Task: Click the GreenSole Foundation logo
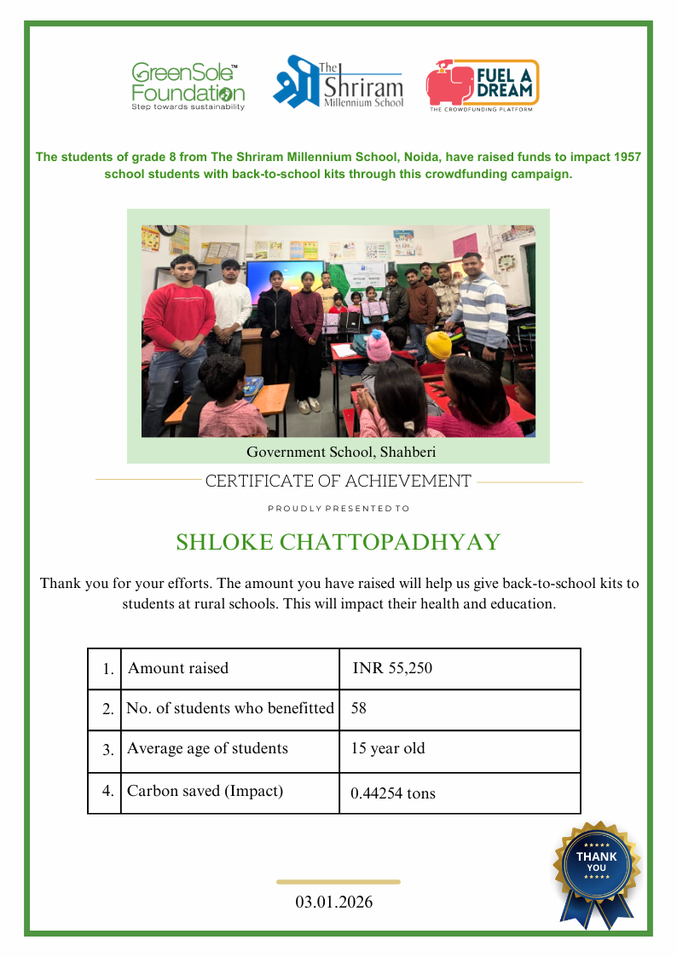(188, 86)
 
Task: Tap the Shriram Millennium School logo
(338, 83)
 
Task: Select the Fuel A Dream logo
(483, 85)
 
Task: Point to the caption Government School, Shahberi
(341, 452)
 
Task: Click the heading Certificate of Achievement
(338, 481)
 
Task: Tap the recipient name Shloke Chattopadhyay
(338, 542)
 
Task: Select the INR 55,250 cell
(392, 668)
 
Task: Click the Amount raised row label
(178, 668)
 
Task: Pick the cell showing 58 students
(358, 708)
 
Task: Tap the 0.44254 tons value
(393, 793)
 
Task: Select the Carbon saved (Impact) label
(205, 791)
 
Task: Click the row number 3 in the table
(108, 751)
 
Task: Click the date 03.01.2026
(334, 902)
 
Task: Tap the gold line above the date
(338, 882)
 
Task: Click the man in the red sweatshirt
(180, 315)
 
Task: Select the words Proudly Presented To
(338, 509)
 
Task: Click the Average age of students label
(207, 749)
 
